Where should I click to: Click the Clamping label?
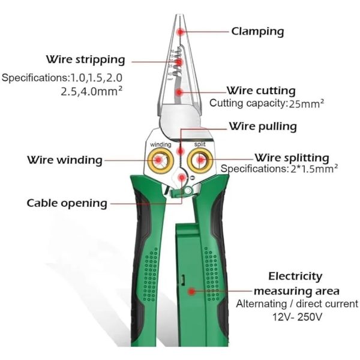[257, 31]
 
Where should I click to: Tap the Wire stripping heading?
[86, 59]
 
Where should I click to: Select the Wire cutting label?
[261, 91]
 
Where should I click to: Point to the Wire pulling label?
[263, 127]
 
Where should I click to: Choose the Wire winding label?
[65, 160]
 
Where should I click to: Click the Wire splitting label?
[292, 158]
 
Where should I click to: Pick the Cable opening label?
[67, 203]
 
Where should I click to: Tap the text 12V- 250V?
[297, 317]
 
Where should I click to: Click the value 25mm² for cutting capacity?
[306, 104]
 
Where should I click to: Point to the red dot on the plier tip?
[181, 32]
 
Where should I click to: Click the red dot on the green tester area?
[191, 292]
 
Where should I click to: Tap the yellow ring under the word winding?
[160, 160]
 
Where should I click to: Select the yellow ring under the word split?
[200, 160]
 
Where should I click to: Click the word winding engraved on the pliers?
[160, 145]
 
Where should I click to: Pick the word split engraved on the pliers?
[200, 144]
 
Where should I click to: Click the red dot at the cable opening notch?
[182, 177]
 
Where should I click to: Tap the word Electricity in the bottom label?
[295, 277]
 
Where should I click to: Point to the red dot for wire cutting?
[179, 92]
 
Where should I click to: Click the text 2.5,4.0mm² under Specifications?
[91, 91]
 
